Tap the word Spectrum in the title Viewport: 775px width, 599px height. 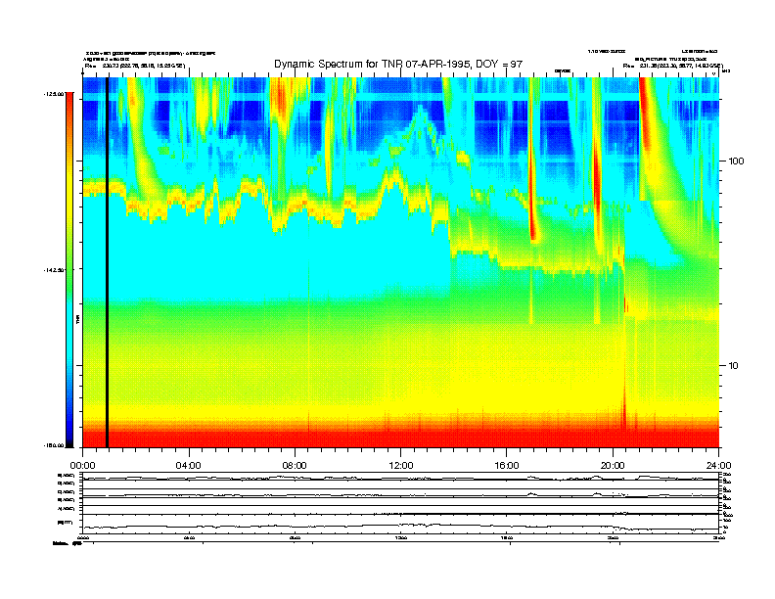tap(347, 64)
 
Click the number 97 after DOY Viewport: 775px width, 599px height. tap(516, 64)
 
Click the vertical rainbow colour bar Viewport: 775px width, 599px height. tap(68, 269)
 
